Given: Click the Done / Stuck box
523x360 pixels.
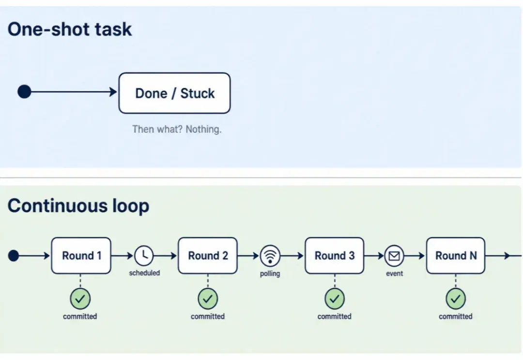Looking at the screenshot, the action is tap(174, 93).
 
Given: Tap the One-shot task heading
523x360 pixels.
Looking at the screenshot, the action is tap(70, 29).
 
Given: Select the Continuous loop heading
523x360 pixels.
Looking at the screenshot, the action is tap(78, 206).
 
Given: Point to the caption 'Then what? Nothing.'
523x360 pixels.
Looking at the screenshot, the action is tap(177, 129).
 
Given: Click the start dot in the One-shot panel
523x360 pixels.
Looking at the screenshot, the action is tap(24, 91).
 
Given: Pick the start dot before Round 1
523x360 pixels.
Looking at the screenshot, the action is tap(14, 255).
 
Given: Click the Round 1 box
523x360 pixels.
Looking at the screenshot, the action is tap(81, 255).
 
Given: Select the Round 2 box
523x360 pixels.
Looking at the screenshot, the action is tap(208, 255).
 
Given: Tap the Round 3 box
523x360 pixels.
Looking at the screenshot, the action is tap(335, 255).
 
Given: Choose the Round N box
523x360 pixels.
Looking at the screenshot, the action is tap(456, 255).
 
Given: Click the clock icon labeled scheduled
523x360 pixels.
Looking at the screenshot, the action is tap(144, 255).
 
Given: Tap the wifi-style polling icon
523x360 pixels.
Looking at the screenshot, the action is tap(270, 255).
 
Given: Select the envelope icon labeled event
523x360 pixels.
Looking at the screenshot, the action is tap(394, 255).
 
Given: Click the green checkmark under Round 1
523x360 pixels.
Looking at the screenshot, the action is tap(80, 299).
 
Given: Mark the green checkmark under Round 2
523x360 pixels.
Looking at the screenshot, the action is tap(208, 299).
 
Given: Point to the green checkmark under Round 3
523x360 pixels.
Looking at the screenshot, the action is tap(335, 299).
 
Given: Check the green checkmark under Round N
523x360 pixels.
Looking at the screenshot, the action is tap(456, 299).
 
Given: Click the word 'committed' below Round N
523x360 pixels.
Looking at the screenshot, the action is tap(456, 316).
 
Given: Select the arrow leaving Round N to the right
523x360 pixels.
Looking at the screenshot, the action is tap(504, 255).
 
